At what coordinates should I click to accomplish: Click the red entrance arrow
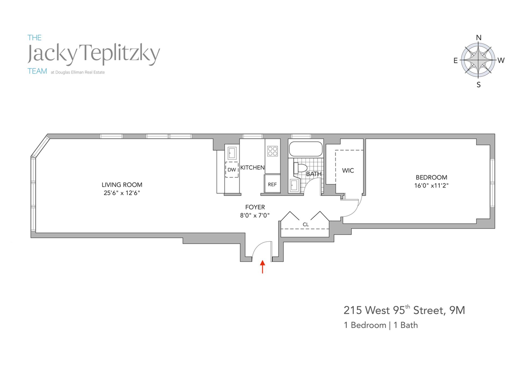[x=263, y=267]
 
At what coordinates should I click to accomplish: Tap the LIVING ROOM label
[x=122, y=185]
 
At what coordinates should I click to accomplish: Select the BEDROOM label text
[x=431, y=177]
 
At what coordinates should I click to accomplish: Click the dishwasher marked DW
[x=232, y=170]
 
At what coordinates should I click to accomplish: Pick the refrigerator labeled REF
[x=272, y=184]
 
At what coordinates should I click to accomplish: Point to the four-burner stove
[x=272, y=151]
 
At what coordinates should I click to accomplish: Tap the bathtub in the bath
[x=306, y=149]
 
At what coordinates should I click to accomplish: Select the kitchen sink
[x=232, y=153]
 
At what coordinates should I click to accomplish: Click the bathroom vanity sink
[x=294, y=186]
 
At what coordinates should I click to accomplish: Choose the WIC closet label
[x=348, y=171]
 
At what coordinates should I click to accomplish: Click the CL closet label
[x=306, y=224]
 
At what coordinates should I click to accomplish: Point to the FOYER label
[x=255, y=207]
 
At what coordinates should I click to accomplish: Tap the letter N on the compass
[x=479, y=38]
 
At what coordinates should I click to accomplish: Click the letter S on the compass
[x=479, y=85]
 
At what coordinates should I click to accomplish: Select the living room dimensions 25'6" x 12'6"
[x=122, y=193]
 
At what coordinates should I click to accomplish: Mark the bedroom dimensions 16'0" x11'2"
[x=431, y=185]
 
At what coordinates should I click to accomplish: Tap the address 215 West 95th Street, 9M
[x=404, y=310]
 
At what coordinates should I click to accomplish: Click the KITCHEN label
[x=252, y=168]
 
